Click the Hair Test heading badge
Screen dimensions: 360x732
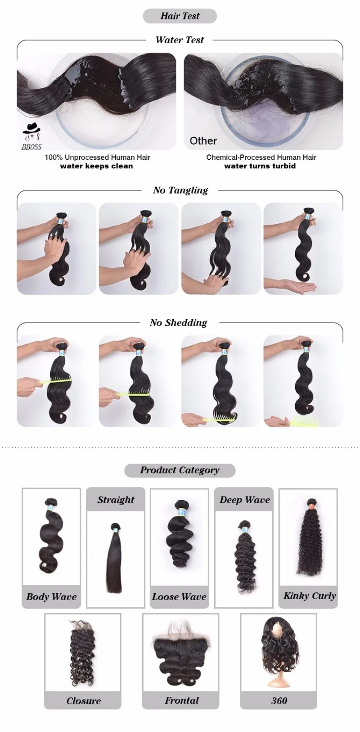pyautogui.click(x=180, y=16)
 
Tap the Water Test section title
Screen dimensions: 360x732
pyautogui.click(x=180, y=40)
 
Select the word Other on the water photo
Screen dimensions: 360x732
pyautogui.click(x=203, y=141)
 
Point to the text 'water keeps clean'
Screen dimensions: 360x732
pyautogui.click(x=96, y=166)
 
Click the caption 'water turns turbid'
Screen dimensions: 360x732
pyautogui.click(x=260, y=166)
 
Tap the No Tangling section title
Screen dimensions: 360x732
pyautogui.click(x=180, y=190)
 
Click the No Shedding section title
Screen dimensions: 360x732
pyautogui.click(x=178, y=323)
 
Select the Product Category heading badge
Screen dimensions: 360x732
pyautogui.click(x=180, y=470)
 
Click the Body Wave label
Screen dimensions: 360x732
pyautogui.click(x=51, y=596)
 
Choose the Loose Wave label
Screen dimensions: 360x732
pyautogui.click(x=179, y=596)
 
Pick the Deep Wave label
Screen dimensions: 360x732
pyautogui.click(x=245, y=500)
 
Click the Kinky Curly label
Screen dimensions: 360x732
pyautogui.click(x=309, y=596)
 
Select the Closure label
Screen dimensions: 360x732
pyautogui.click(x=83, y=692)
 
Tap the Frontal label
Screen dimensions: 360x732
pyautogui.click(x=182, y=691)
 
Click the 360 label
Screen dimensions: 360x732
pyautogui.click(x=279, y=692)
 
